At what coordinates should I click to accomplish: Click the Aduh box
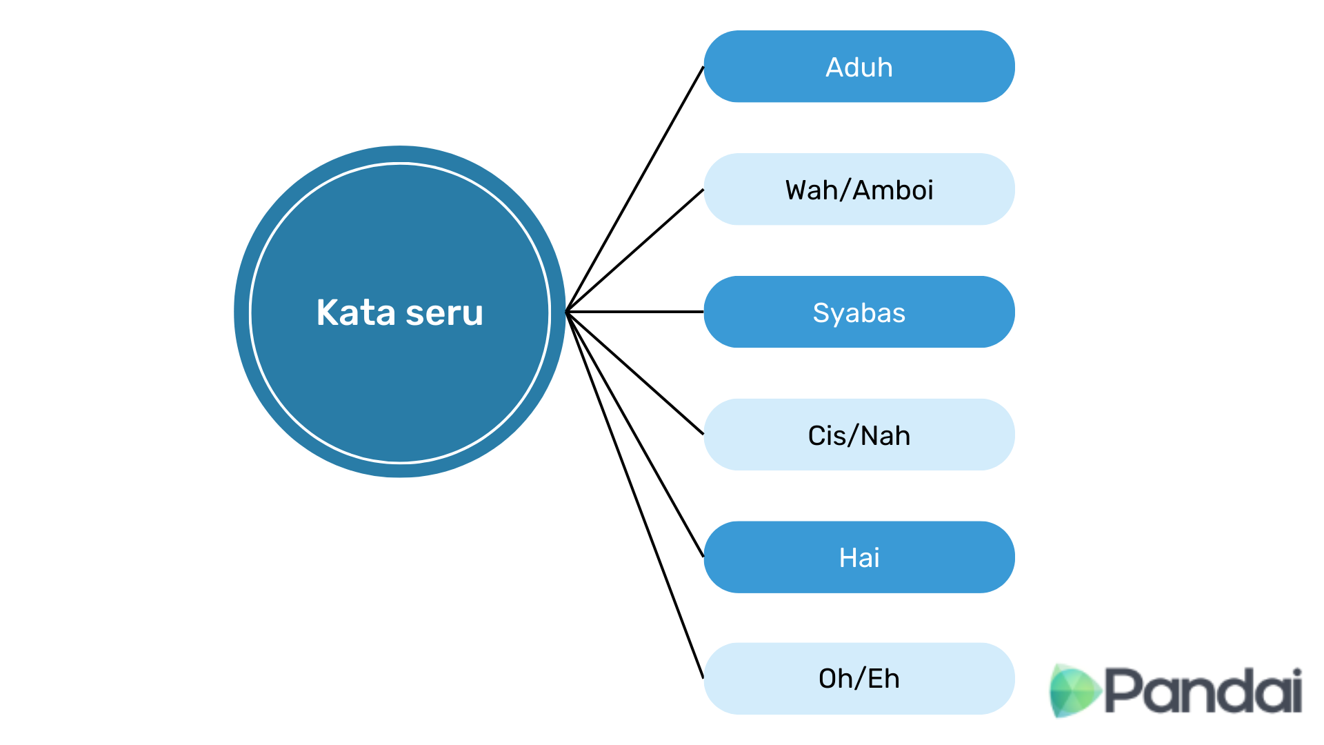pyautogui.click(x=859, y=66)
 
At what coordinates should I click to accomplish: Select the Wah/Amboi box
pyautogui.click(x=859, y=189)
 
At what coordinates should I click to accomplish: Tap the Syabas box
pyautogui.click(x=859, y=312)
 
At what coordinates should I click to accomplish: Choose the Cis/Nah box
pyautogui.click(x=859, y=435)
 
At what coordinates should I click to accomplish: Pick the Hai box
pyautogui.click(x=859, y=557)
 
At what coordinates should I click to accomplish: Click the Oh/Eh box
pyautogui.click(x=859, y=679)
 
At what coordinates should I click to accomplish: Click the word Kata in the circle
pyautogui.click(x=356, y=312)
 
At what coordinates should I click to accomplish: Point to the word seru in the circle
pyautogui.click(x=445, y=314)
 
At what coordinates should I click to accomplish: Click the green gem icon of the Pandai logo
pyautogui.click(x=1074, y=690)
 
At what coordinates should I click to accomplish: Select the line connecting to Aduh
pyautogui.click(x=635, y=189)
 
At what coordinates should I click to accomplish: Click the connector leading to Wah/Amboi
pyautogui.click(x=635, y=250)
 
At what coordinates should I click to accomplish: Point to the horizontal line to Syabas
pyautogui.click(x=635, y=312)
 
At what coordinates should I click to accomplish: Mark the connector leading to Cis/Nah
pyautogui.click(x=635, y=373)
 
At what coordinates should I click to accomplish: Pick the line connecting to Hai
pyautogui.click(x=635, y=434)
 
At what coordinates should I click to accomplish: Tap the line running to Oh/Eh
pyautogui.click(x=635, y=495)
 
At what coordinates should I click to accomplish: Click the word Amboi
pyautogui.click(x=893, y=190)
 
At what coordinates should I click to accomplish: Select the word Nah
pyautogui.click(x=885, y=436)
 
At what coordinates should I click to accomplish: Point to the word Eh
pyautogui.click(x=883, y=679)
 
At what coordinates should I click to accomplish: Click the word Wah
pyautogui.click(x=811, y=190)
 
